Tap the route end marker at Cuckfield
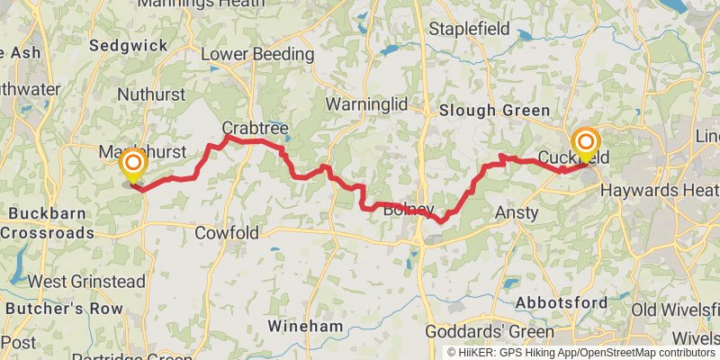click(x=586, y=143)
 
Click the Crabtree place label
click(x=255, y=129)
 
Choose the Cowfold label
click(x=227, y=233)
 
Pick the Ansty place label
click(x=517, y=213)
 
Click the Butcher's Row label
click(x=63, y=308)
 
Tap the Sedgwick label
click(x=129, y=44)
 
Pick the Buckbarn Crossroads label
click(x=47, y=224)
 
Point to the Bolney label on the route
click(x=408, y=209)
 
